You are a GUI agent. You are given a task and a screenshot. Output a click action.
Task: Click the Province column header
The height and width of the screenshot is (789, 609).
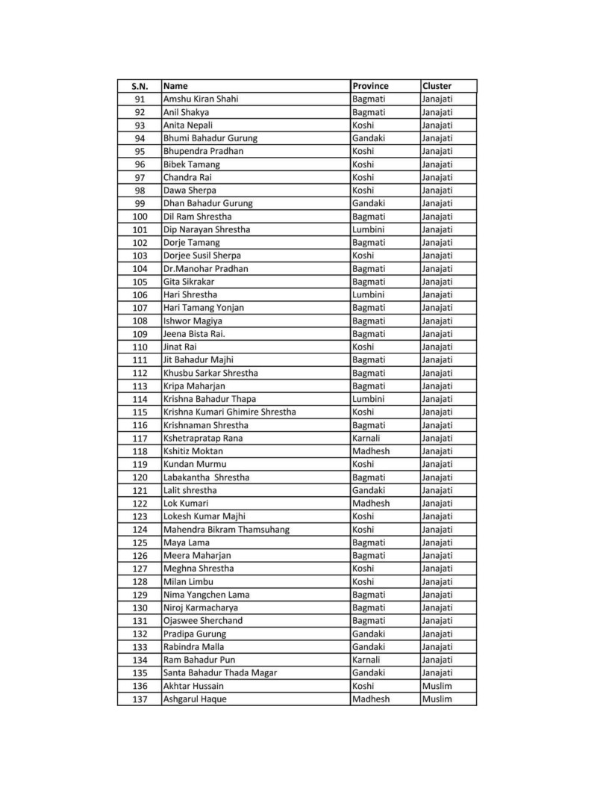[371, 86]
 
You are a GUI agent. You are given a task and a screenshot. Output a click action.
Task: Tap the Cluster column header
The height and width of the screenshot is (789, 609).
[437, 86]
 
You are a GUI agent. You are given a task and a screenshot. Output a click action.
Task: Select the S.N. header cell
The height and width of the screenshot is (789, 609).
[140, 86]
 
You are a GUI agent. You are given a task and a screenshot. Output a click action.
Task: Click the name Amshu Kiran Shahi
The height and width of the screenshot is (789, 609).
[201, 99]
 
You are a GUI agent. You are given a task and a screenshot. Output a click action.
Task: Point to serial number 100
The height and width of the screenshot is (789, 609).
[140, 216]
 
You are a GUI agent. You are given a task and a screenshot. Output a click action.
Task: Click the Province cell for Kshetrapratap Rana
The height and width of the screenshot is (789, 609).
[366, 438]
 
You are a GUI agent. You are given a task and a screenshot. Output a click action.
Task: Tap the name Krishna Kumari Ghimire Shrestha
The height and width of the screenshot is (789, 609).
[229, 412]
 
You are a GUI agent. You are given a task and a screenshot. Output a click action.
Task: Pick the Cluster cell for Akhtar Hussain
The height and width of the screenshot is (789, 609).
[437, 686]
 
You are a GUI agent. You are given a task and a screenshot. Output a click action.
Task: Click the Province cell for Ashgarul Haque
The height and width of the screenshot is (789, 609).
[370, 699]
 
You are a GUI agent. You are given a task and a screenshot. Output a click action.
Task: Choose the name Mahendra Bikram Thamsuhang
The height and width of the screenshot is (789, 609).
[226, 529]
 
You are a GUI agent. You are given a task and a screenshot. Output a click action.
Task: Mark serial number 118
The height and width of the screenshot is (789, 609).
[140, 451]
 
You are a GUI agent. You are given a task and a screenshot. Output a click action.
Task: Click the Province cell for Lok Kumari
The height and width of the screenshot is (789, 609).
[370, 503]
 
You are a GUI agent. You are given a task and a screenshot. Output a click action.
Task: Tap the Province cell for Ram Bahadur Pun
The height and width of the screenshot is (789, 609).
[366, 660]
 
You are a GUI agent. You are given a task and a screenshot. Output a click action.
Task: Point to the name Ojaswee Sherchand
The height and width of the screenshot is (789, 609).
[202, 620]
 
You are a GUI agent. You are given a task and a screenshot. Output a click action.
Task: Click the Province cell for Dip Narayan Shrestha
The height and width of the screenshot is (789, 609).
[368, 229]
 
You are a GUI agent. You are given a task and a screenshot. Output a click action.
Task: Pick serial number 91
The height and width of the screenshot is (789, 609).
[140, 99]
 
